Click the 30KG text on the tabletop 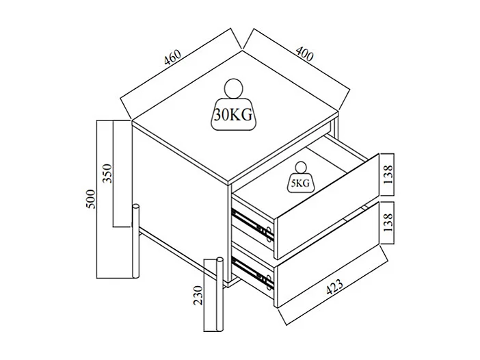click(x=233, y=115)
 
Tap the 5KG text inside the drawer click(x=300, y=183)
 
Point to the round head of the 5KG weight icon click(x=300, y=167)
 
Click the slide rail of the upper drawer click(x=253, y=223)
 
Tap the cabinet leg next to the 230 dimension click(x=219, y=294)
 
